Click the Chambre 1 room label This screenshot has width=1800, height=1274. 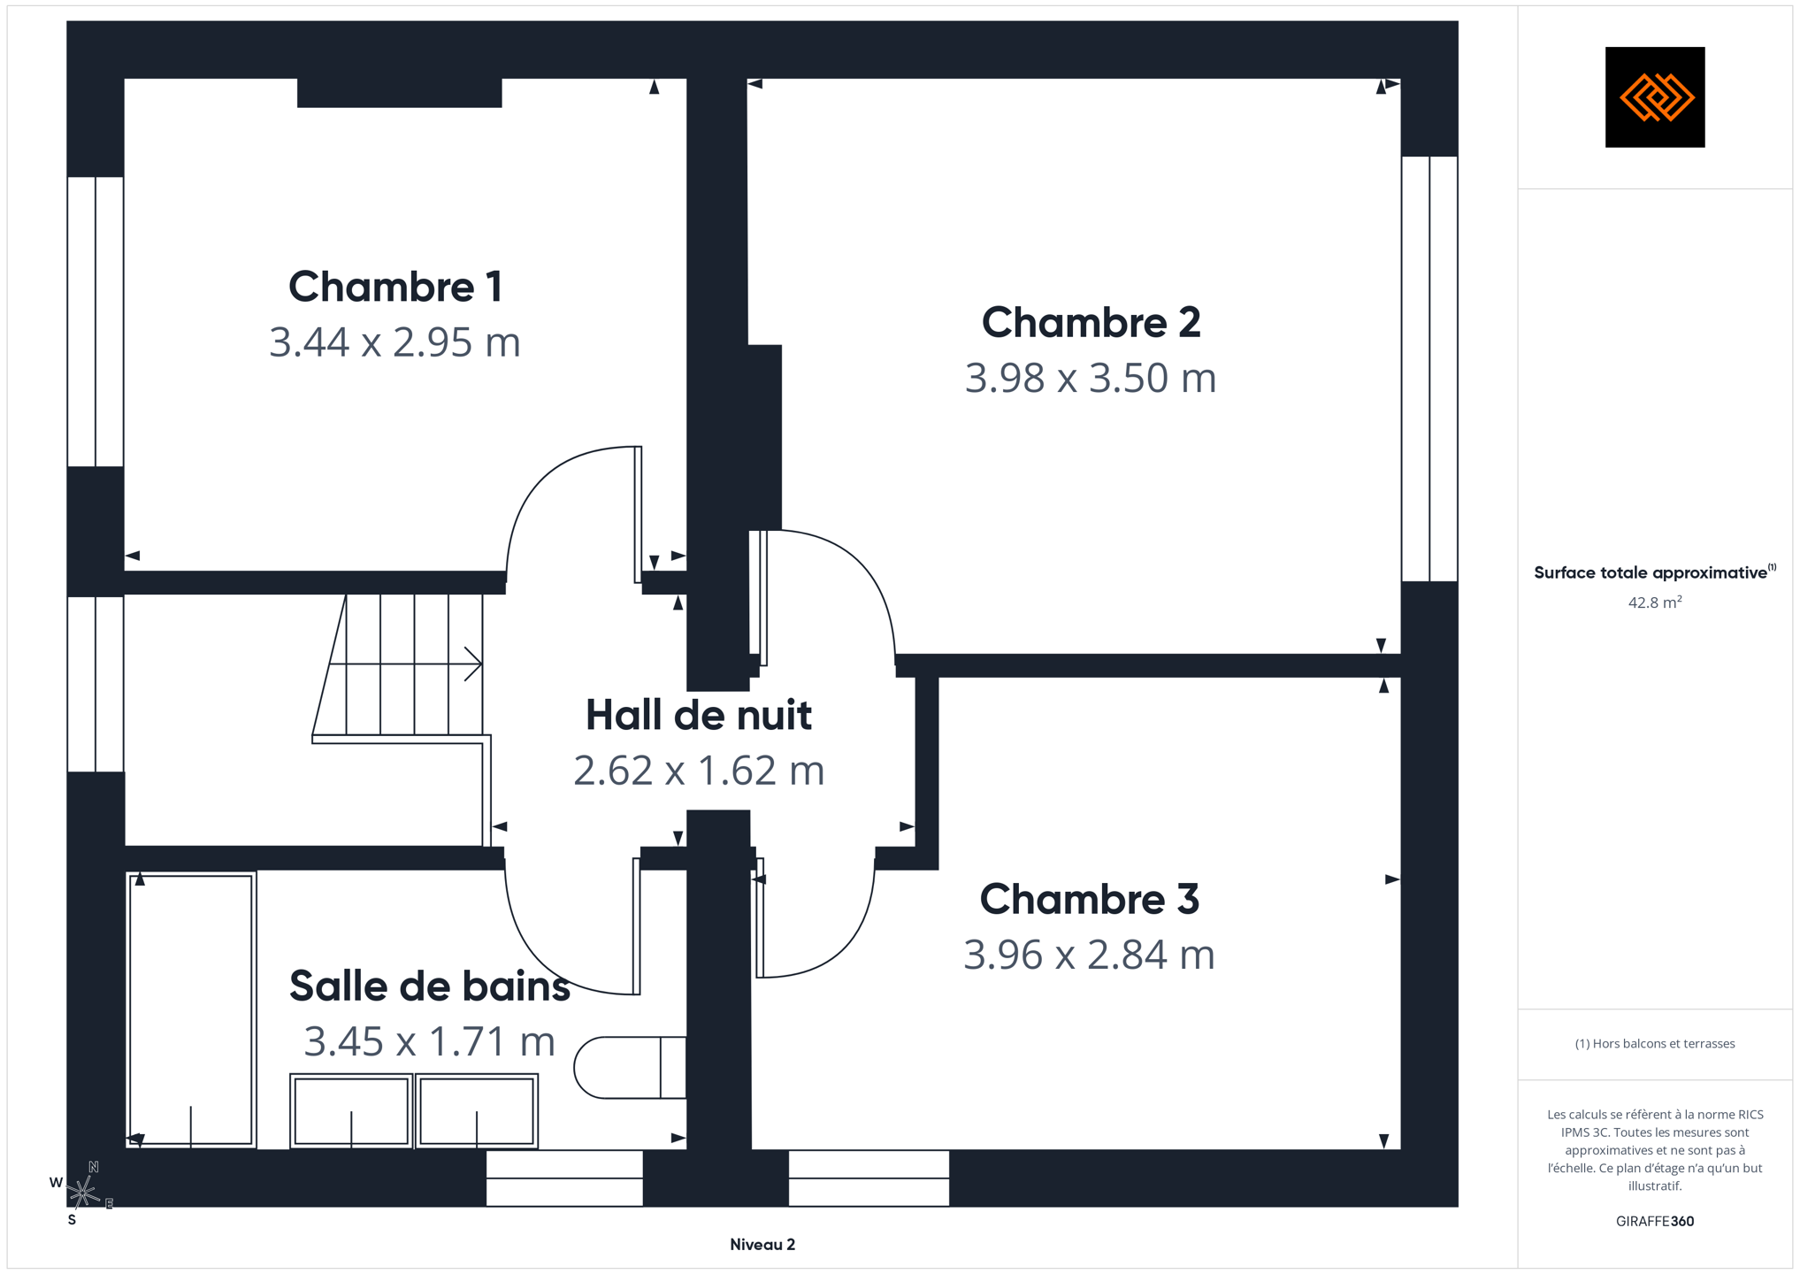(395, 287)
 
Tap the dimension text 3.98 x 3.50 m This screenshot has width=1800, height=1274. (1090, 378)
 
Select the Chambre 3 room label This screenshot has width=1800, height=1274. (1089, 899)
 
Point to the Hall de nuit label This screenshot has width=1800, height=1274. (698, 715)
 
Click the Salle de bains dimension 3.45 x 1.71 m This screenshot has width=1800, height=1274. (429, 1041)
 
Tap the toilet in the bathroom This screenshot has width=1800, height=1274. (630, 1068)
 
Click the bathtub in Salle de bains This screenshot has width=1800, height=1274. (191, 1009)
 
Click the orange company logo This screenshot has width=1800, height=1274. (1655, 97)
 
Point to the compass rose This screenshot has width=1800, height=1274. (82, 1193)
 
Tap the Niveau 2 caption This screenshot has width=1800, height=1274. (762, 1245)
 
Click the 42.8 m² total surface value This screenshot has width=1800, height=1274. (1655, 602)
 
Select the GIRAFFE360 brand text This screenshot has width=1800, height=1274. (1655, 1222)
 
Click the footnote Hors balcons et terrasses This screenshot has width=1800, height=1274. (1655, 1044)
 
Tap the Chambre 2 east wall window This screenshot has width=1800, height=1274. (1429, 369)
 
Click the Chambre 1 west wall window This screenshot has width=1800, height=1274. (96, 321)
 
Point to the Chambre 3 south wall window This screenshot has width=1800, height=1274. (869, 1178)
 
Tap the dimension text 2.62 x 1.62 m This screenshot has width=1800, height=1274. (699, 771)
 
